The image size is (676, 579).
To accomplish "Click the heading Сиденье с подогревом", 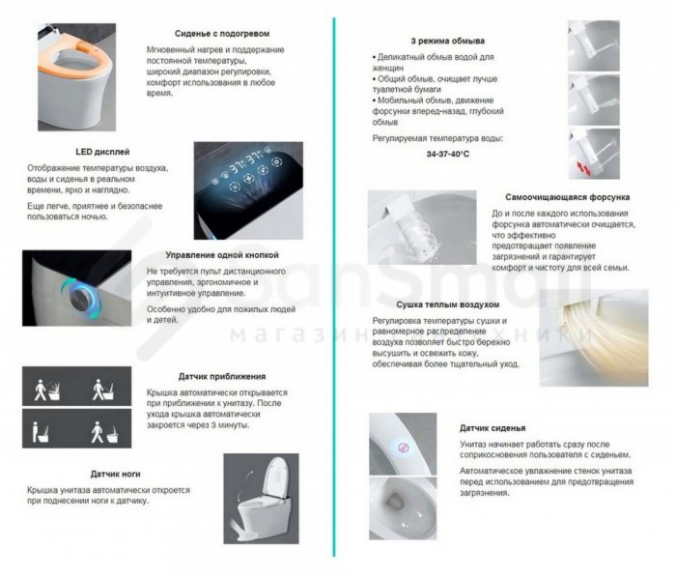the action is click(x=222, y=34).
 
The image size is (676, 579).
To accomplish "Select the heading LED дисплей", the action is click(x=102, y=152).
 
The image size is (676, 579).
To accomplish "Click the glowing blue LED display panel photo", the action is click(x=248, y=190).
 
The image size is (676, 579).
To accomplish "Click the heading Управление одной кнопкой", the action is click(x=222, y=255).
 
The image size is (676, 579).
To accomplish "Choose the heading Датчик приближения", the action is click(x=222, y=376).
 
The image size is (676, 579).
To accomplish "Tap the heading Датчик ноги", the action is click(x=116, y=474).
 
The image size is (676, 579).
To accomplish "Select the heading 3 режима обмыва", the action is click(x=447, y=41).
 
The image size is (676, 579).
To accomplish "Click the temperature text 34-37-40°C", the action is click(x=447, y=154).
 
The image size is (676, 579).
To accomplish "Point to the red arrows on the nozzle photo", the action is click(x=583, y=168).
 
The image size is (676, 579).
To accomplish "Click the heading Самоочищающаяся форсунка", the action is click(x=568, y=197).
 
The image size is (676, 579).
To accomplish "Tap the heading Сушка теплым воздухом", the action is click(x=447, y=304).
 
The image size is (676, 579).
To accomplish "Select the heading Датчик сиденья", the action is click(x=493, y=428).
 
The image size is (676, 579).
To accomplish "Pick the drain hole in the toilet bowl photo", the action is click(x=393, y=501).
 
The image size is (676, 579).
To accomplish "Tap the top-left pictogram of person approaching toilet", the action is click(x=47, y=390).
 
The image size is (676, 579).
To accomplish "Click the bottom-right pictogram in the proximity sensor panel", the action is click(x=104, y=432).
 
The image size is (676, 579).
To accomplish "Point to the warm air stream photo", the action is click(x=594, y=337).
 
